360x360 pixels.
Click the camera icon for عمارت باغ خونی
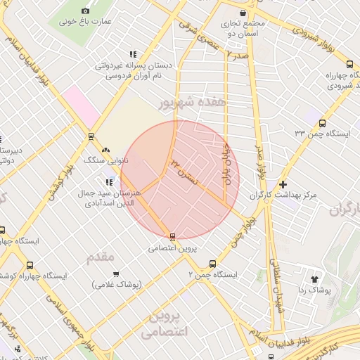pos(86,11)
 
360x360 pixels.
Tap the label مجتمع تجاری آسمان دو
pos(242,27)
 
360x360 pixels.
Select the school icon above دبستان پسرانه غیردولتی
pos(132,54)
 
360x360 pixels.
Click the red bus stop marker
pos(172,236)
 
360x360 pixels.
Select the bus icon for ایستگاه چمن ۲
pos(212,264)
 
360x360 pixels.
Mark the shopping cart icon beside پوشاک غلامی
pos(115,274)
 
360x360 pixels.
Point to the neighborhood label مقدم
pos(100,258)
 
